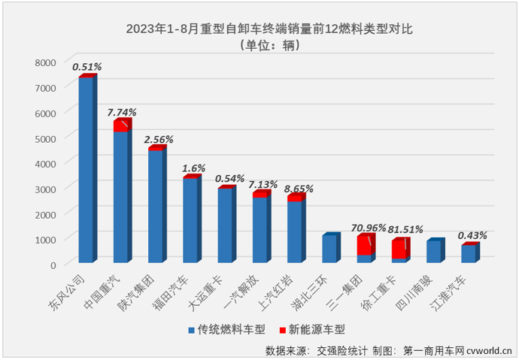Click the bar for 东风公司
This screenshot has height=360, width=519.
click(x=86, y=170)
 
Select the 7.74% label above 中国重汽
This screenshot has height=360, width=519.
click(x=122, y=111)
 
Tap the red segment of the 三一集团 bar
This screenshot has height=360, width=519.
click(x=364, y=245)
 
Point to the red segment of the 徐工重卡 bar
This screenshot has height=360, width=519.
click(x=399, y=250)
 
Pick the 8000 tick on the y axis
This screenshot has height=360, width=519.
click(x=45, y=62)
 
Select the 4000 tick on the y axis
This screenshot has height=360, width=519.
click(x=45, y=163)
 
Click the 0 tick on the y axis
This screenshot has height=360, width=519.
click(x=53, y=265)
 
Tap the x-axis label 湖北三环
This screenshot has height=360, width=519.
click(x=317, y=289)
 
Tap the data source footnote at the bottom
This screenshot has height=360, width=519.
click(x=387, y=350)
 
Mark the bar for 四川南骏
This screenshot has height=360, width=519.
click(x=433, y=251)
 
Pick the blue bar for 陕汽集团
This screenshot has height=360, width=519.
click(x=155, y=206)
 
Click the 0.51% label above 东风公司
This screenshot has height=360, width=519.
click(x=86, y=67)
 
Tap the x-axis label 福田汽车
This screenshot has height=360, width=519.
click(x=178, y=289)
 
